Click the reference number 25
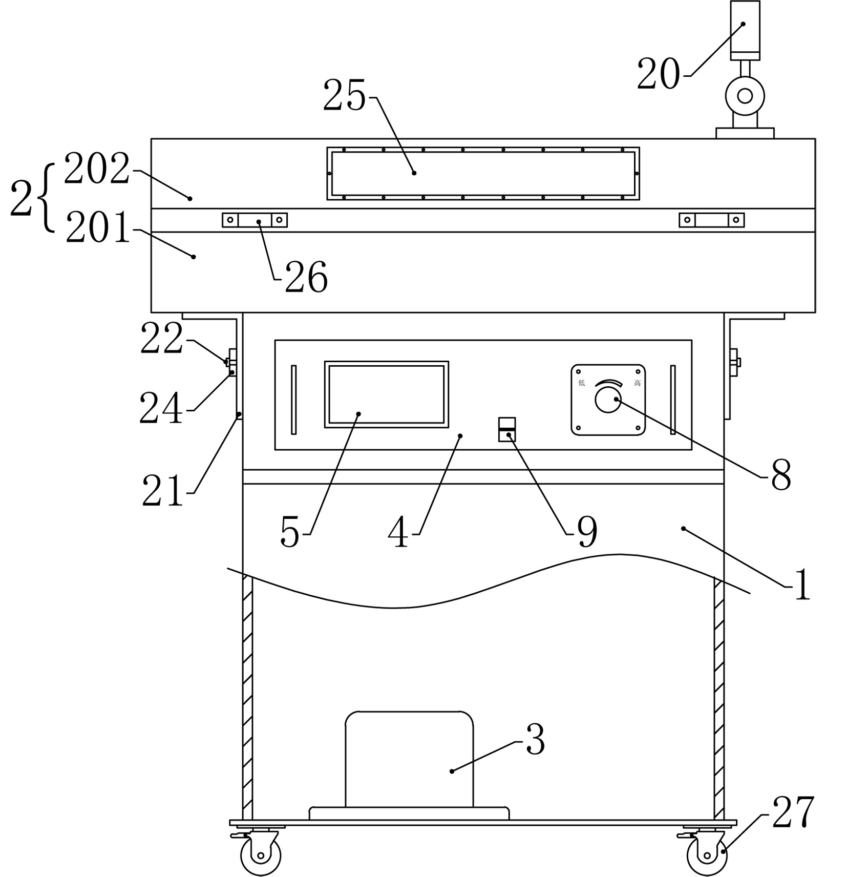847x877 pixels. [x=345, y=96]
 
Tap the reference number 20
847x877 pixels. [x=659, y=74]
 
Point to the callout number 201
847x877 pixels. [x=99, y=228]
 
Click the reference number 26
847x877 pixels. [x=306, y=277]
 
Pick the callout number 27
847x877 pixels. [x=793, y=812]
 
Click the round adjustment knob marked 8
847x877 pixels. [x=608, y=400]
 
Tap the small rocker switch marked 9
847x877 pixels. [x=507, y=429]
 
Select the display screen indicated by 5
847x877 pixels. [x=387, y=394]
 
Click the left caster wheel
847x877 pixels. [x=261, y=855]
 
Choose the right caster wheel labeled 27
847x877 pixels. [x=707, y=855]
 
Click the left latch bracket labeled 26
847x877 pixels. [x=255, y=220]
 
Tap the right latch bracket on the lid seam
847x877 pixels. [x=712, y=220]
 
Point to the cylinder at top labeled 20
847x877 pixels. [x=745, y=30]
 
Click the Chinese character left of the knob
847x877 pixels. [x=582, y=383]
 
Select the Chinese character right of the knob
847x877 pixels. [x=638, y=383]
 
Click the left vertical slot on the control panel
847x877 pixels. [x=293, y=400]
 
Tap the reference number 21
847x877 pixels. [x=163, y=490]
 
